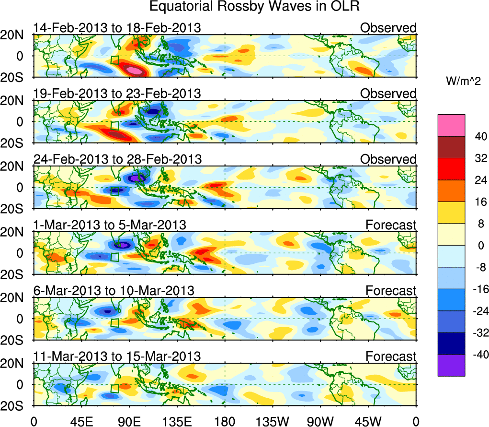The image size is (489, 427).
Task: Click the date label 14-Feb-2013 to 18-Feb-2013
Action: [x=117, y=28]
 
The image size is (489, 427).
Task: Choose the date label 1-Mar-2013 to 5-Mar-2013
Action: [x=110, y=225]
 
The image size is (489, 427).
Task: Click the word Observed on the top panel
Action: [x=388, y=28]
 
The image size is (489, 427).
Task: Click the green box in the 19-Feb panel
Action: [x=114, y=126]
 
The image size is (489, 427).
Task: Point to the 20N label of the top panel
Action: [x=14, y=35]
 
